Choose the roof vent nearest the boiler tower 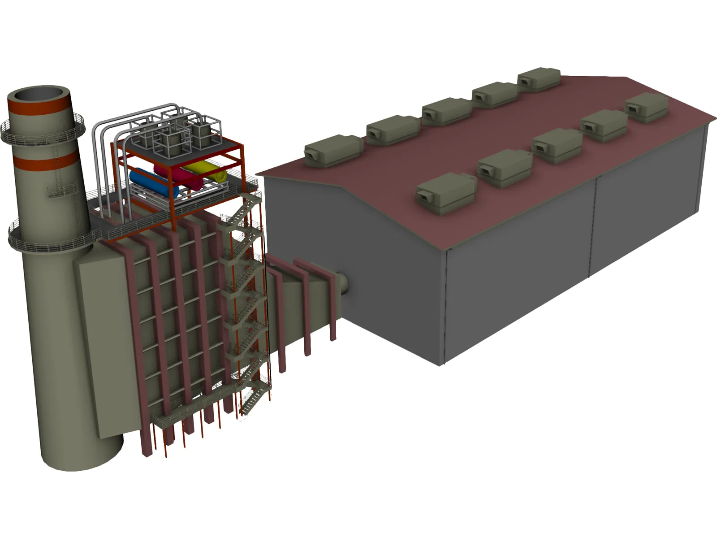pos(333,150)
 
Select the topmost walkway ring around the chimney pos(43,130)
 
